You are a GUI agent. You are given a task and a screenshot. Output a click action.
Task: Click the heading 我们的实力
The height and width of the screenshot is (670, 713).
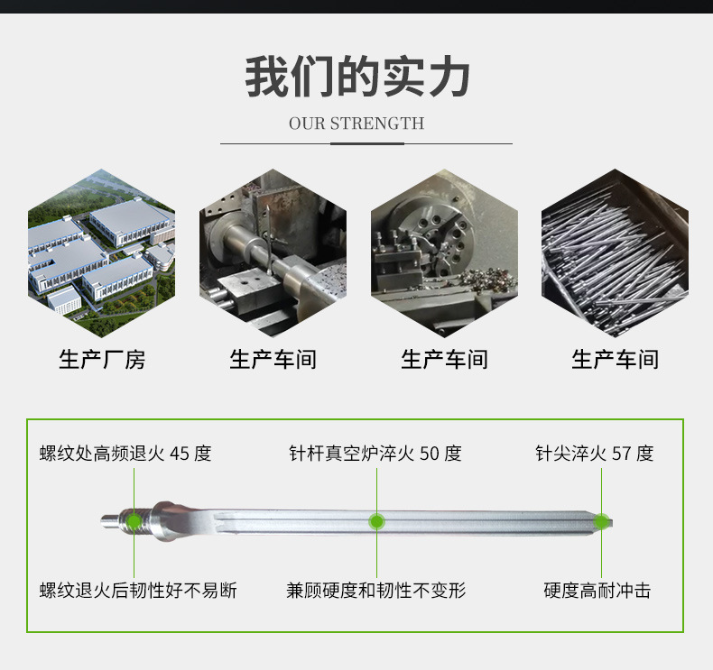click(356, 78)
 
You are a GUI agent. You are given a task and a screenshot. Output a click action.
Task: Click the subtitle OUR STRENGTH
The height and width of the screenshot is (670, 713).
click(356, 124)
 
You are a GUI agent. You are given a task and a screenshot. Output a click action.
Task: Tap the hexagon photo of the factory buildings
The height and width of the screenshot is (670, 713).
click(100, 253)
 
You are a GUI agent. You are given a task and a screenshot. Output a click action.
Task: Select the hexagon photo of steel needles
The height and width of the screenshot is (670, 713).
click(615, 253)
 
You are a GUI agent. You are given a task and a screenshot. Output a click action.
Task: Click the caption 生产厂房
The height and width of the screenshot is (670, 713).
click(101, 360)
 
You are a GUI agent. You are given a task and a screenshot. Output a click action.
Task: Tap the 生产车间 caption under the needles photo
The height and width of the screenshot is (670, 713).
click(615, 360)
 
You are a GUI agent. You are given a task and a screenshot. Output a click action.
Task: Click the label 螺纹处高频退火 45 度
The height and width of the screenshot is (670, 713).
click(125, 453)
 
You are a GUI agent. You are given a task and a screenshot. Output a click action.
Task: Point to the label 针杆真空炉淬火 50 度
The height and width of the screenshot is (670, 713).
click(375, 453)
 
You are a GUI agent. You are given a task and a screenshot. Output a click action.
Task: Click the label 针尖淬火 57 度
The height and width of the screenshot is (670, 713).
click(594, 453)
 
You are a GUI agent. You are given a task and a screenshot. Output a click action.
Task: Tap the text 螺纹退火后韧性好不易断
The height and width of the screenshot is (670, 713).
click(138, 591)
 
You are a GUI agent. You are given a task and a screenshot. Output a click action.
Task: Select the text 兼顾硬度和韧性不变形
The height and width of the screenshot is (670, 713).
click(375, 591)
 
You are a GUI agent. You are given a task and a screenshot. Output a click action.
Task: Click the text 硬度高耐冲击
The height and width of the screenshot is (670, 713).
click(597, 591)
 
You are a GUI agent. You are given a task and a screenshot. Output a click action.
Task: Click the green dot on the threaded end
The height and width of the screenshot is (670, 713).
click(134, 520)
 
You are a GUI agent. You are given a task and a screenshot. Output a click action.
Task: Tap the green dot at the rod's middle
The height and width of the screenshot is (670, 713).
click(376, 521)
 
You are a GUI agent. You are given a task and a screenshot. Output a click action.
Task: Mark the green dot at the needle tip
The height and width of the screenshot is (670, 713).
click(600, 521)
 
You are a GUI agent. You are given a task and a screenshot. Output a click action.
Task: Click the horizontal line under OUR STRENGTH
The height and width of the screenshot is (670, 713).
click(366, 143)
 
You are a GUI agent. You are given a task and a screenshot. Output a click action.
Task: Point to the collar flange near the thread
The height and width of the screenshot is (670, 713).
click(163, 521)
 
